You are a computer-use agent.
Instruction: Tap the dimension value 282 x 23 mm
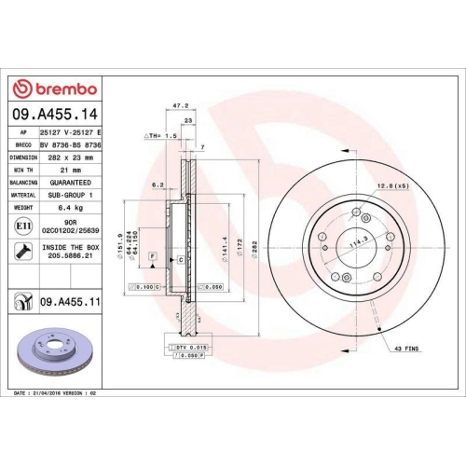click(x=72, y=158)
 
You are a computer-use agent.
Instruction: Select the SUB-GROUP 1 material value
click(x=72, y=196)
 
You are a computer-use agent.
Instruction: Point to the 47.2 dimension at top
click(x=171, y=106)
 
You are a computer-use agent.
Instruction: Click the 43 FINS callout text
click(x=406, y=348)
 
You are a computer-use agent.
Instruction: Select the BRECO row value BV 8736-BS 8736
click(x=72, y=145)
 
